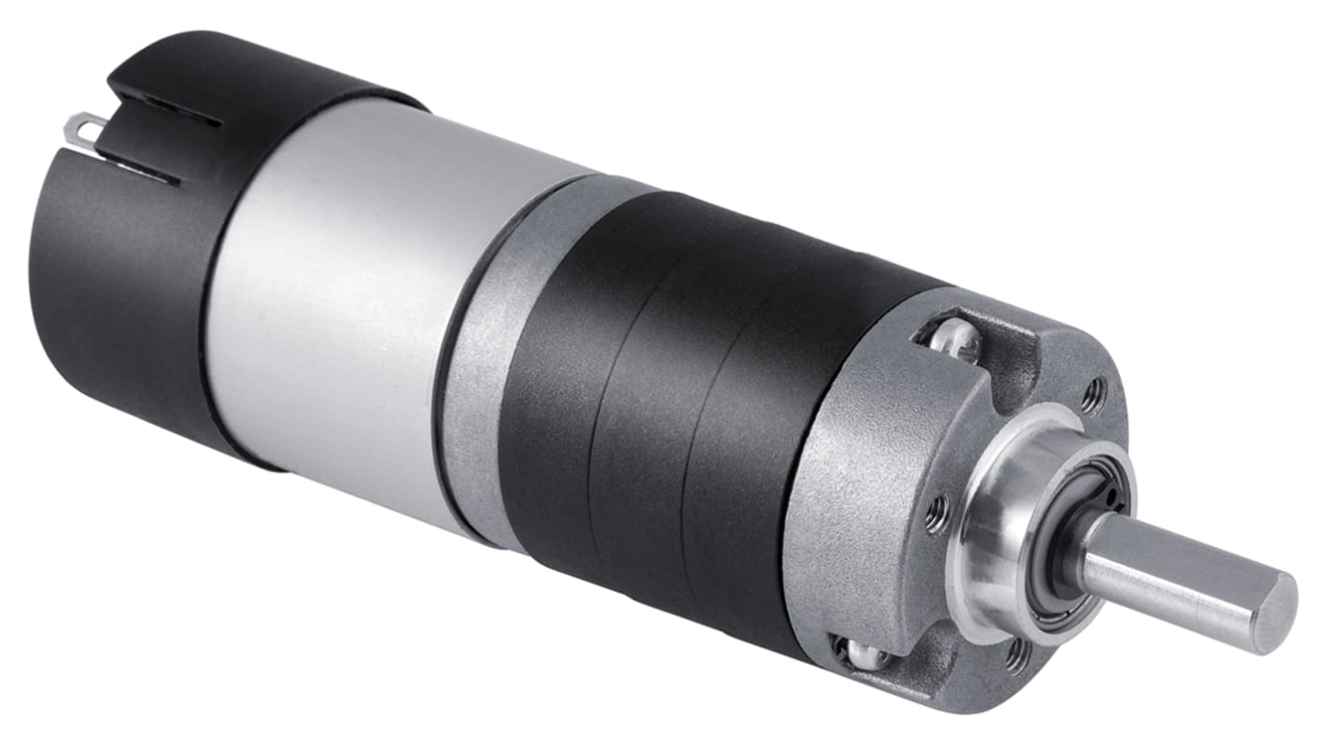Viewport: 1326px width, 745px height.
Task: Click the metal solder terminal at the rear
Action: (x=90, y=129)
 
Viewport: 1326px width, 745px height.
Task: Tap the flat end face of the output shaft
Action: (x=1276, y=612)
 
